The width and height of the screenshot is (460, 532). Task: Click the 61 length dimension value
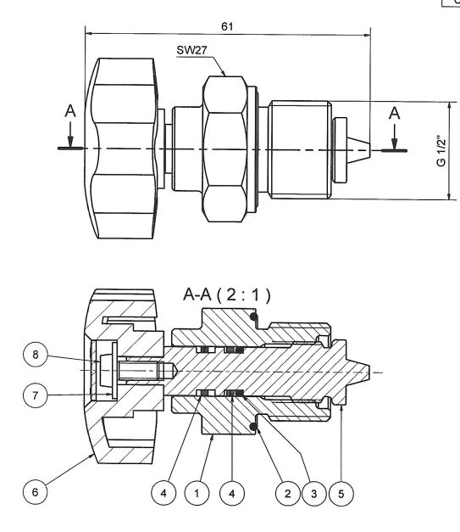coord(227,26)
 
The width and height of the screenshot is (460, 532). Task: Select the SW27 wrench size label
coord(191,50)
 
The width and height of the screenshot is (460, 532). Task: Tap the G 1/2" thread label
coord(441,151)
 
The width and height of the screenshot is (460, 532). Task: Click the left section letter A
coord(70,111)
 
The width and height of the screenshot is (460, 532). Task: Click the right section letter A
coord(394,114)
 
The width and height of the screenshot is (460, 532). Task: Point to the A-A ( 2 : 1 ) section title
coord(227,294)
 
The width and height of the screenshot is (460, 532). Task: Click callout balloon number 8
coord(36,355)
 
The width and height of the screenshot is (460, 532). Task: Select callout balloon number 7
coord(36,395)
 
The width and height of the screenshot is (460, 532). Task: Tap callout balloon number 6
coord(36,492)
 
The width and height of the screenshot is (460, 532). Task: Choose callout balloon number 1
coord(197,493)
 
